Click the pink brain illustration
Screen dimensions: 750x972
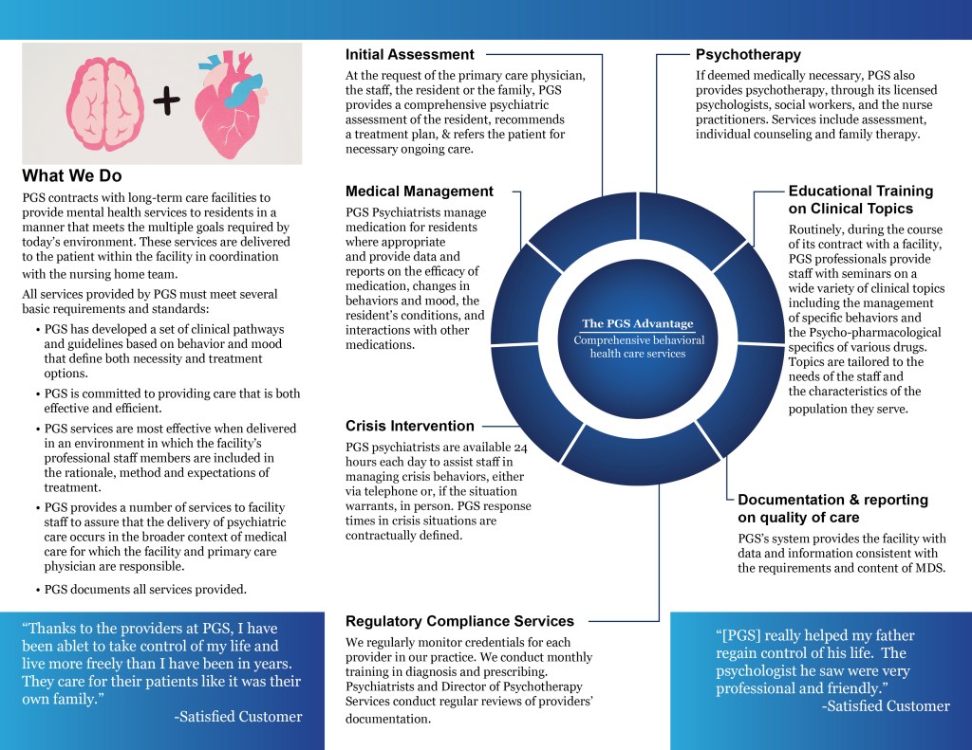[x=103, y=101]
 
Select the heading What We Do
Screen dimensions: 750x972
[x=72, y=176]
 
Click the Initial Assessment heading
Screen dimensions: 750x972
[x=409, y=55]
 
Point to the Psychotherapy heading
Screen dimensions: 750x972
[x=748, y=55]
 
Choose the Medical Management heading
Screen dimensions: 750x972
[x=420, y=192]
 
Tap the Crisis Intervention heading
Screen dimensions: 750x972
[x=410, y=427]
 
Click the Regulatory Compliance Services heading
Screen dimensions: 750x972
[x=459, y=622]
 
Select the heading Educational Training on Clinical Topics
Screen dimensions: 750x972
[x=860, y=200]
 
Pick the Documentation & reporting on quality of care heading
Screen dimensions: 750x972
[x=832, y=508]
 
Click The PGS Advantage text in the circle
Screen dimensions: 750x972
[x=638, y=324]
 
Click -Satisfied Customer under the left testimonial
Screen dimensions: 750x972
[x=238, y=717]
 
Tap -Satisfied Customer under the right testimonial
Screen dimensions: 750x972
[x=885, y=705]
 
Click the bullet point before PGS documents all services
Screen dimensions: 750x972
[x=36, y=590]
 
